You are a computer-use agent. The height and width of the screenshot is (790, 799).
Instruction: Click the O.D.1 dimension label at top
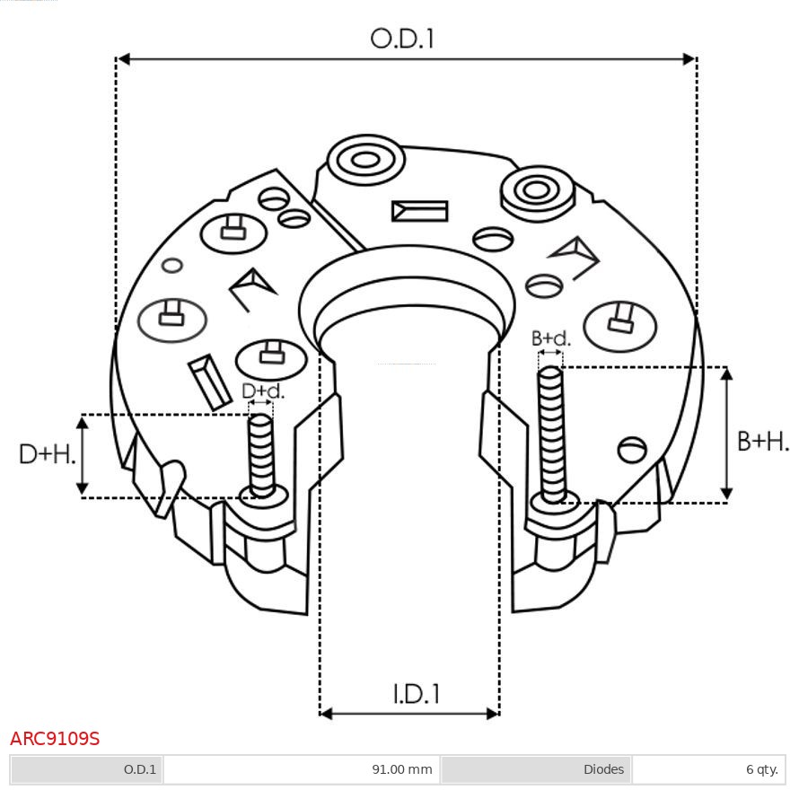(402, 39)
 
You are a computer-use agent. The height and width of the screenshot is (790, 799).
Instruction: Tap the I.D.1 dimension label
(416, 693)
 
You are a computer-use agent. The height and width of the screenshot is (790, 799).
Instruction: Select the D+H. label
(47, 454)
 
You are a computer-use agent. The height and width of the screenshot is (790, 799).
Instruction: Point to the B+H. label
(763, 441)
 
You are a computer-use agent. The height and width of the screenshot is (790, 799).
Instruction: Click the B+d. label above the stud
(550, 338)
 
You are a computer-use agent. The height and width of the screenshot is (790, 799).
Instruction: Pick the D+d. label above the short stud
(263, 391)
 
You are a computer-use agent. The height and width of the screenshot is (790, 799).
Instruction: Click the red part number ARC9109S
(55, 739)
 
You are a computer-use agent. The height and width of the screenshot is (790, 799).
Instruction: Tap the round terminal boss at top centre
(365, 162)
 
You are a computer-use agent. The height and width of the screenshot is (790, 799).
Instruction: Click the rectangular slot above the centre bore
(419, 211)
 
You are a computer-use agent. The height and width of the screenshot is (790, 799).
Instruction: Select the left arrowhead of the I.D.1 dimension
(326, 714)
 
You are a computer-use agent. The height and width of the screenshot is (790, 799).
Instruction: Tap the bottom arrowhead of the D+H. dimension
(83, 489)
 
